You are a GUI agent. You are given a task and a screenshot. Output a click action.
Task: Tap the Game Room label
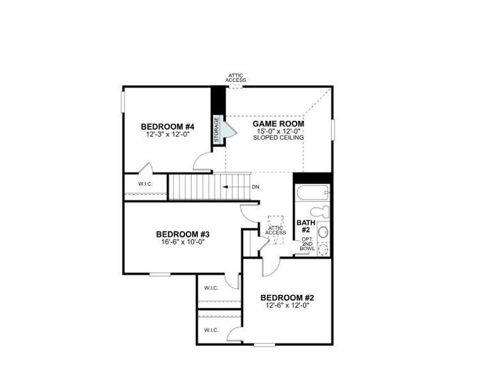click(278, 124)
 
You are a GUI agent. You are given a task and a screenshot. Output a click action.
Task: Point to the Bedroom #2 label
click(287, 297)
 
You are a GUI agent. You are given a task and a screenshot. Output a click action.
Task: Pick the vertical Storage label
click(217, 129)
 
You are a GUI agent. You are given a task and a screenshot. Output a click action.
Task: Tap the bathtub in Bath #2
click(312, 192)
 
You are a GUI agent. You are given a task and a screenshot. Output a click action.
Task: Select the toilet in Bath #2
click(322, 212)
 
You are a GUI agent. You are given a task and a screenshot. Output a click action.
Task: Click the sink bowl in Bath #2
click(323, 232)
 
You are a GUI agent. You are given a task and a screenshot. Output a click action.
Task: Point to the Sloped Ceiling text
click(278, 137)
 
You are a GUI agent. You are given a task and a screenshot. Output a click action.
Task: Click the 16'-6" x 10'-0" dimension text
click(182, 241)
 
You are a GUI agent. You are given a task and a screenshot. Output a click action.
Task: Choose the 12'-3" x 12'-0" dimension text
click(168, 134)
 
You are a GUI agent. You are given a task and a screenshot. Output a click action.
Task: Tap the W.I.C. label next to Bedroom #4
click(145, 184)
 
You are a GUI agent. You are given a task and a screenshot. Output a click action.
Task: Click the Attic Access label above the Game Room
click(237, 77)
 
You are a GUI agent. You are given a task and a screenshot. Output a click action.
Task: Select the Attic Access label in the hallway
click(275, 230)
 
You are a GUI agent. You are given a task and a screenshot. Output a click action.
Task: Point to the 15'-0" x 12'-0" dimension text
click(278, 131)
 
